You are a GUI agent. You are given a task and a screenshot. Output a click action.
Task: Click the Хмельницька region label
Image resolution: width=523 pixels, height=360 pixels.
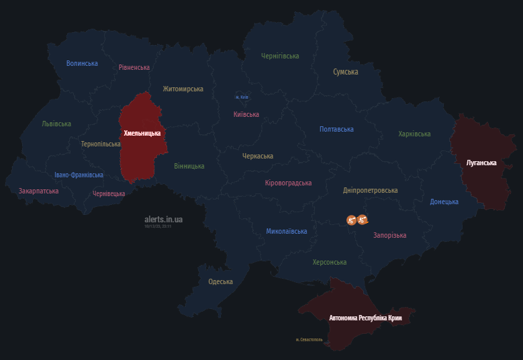(142, 134)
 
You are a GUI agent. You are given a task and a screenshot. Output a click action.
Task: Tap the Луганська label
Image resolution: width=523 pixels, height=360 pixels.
(481, 163)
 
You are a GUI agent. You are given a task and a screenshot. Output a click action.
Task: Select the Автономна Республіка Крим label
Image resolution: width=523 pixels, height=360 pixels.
(365, 318)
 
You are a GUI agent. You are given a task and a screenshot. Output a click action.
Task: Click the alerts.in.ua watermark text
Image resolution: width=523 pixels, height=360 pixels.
(163, 219)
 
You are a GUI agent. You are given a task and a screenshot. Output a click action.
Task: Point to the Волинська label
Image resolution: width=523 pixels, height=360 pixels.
(82, 64)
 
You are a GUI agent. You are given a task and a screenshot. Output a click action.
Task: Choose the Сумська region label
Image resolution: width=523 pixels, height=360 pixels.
(346, 72)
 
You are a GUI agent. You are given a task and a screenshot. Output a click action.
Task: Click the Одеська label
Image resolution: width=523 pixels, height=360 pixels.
(220, 282)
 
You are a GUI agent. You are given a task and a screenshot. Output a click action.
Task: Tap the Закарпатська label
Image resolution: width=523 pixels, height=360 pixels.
(38, 191)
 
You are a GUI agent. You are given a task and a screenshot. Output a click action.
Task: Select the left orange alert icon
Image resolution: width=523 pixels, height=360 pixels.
(351, 220)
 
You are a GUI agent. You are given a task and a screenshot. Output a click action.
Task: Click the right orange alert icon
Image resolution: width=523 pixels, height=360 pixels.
(363, 220)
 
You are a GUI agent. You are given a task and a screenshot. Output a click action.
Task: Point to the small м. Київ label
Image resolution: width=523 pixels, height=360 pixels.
(242, 97)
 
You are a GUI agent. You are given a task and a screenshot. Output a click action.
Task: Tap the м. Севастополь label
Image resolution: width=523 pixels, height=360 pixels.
(309, 340)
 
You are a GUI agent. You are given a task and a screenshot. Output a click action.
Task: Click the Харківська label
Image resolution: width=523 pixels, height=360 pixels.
(414, 134)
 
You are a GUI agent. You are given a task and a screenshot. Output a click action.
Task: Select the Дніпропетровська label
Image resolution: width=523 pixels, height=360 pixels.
(370, 191)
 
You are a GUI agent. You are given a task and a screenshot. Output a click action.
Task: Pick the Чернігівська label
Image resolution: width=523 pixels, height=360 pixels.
(280, 56)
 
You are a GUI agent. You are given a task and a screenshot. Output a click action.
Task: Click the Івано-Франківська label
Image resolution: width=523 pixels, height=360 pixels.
(79, 175)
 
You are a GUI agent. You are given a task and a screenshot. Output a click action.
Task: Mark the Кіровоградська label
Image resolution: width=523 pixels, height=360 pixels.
(288, 183)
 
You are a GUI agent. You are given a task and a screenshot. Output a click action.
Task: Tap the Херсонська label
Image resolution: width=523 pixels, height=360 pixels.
(330, 263)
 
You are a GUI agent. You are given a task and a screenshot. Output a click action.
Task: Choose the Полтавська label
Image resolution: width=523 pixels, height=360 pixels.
(336, 130)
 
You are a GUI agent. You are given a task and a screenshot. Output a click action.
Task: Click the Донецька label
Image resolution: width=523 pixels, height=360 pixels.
(444, 201)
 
